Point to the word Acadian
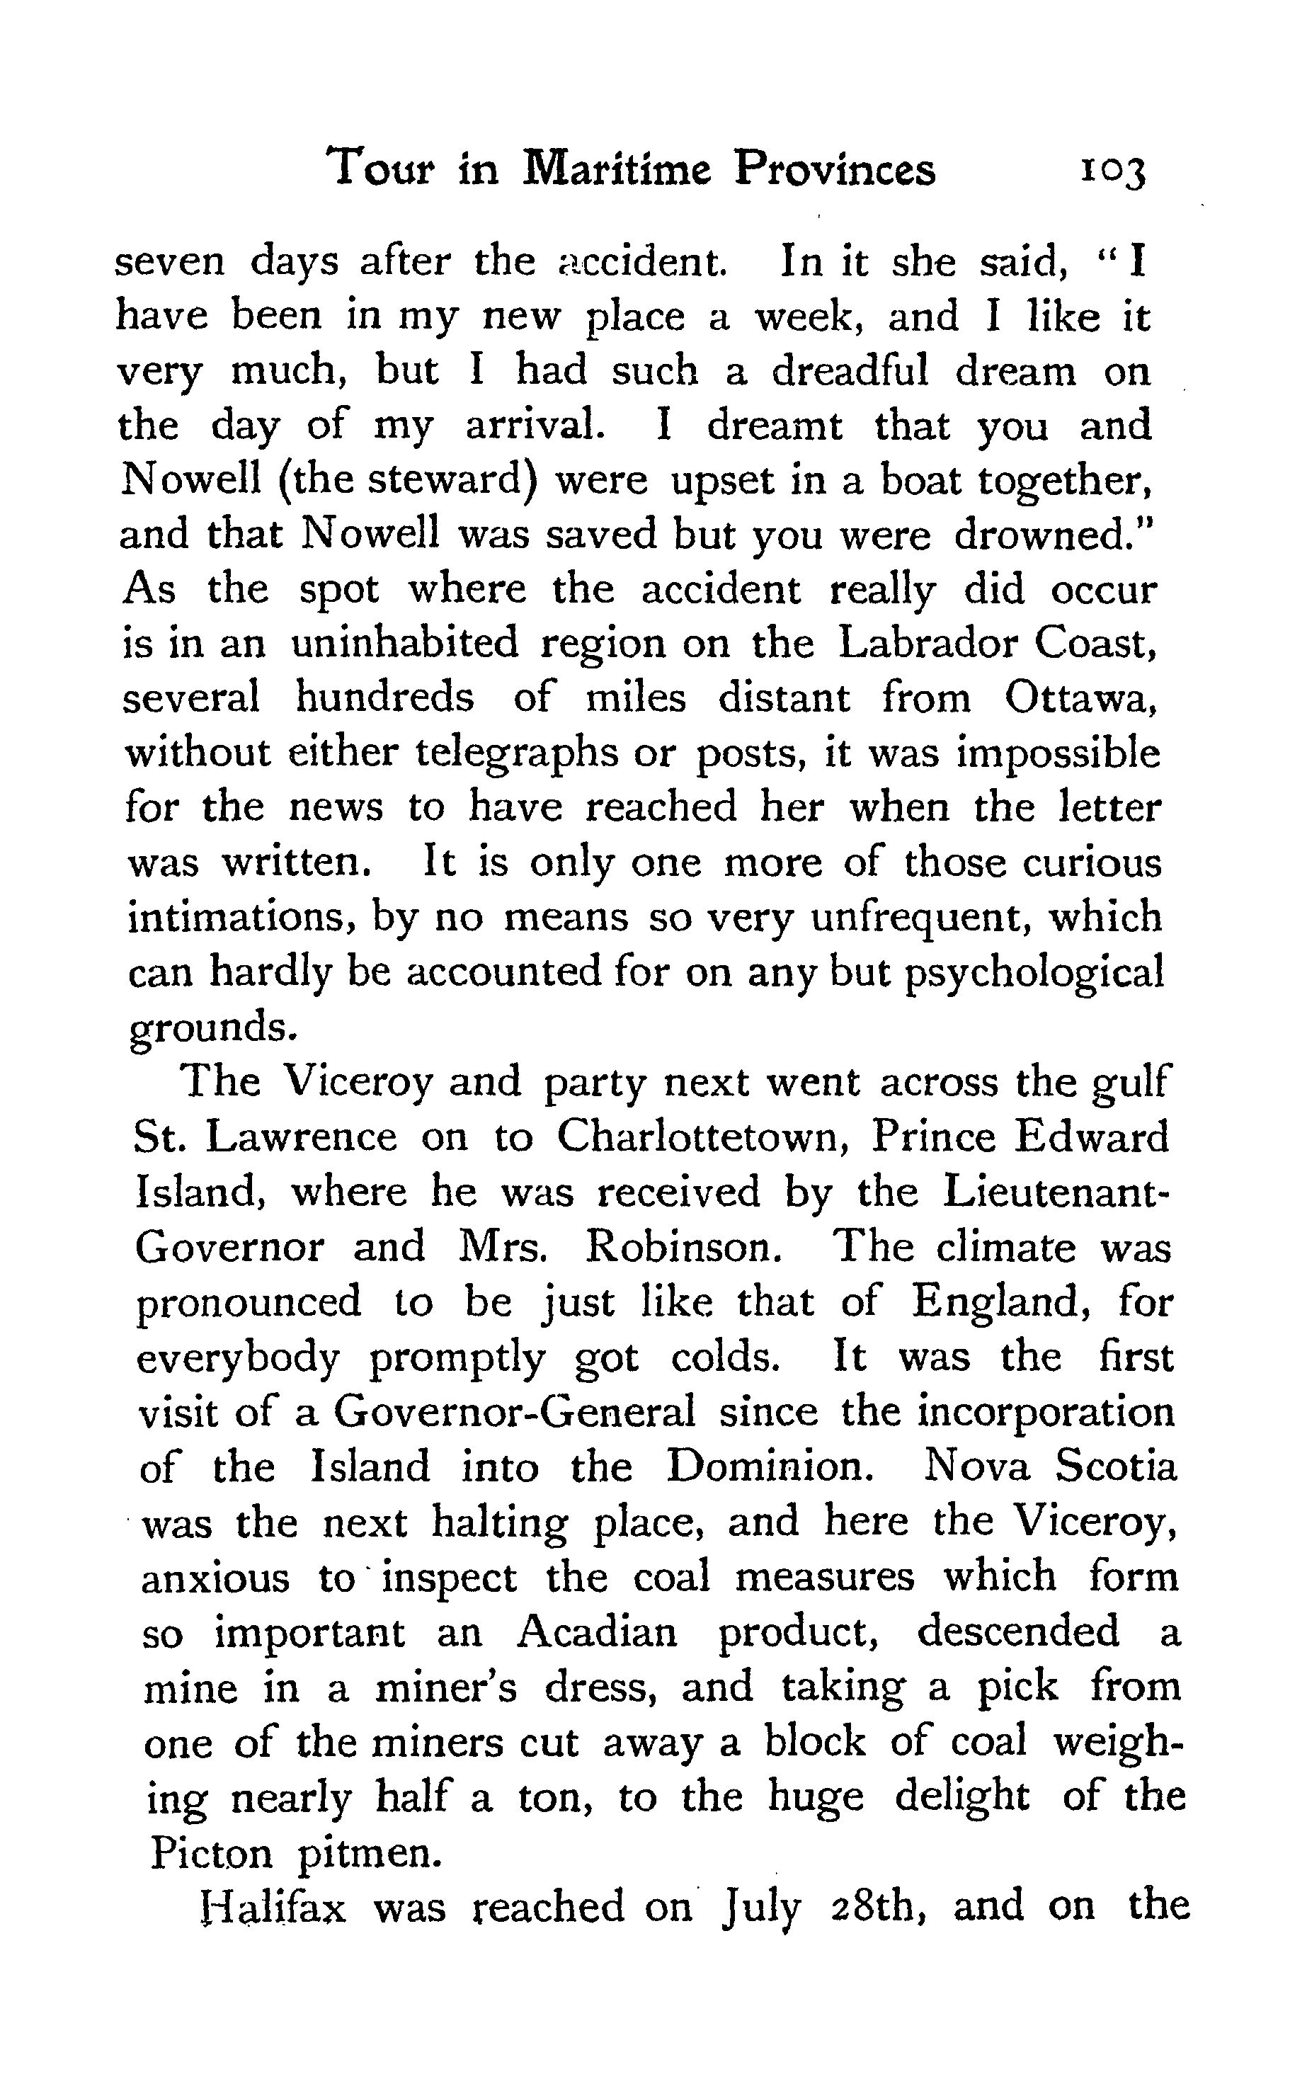[596, 1632]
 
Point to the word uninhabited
[404, 644]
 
